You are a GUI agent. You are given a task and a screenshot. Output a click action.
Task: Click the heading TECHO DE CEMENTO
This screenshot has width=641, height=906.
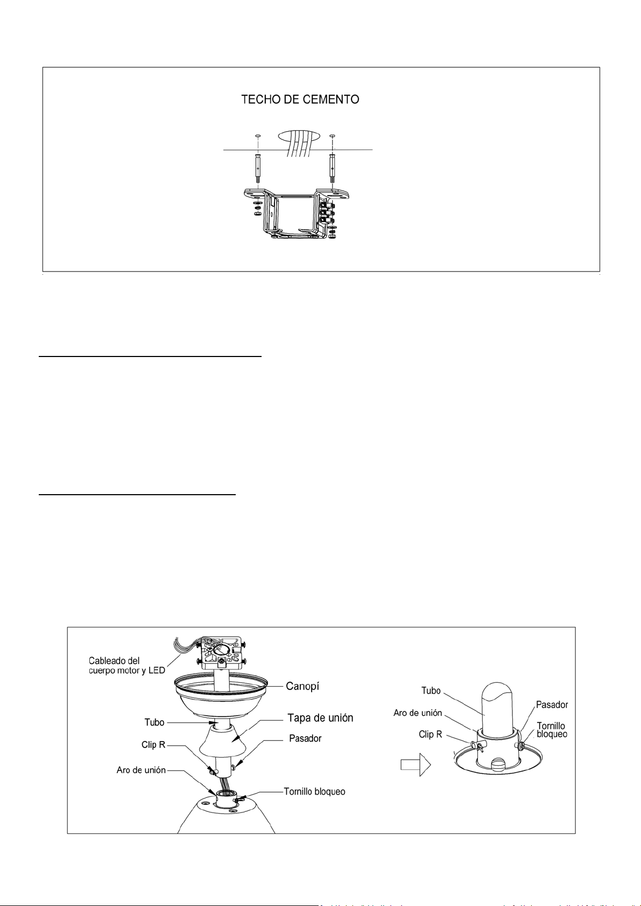pyautogui.click(x=300, y=99)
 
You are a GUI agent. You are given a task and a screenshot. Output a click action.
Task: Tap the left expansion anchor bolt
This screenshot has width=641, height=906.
pyautogui.click(x=258, y=168)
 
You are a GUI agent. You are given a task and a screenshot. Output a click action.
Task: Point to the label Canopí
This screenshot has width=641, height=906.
pyautogui.click(x=302, y=686)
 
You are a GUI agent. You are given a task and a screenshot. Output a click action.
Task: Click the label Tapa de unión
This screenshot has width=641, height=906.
pyautogui.click(x=320, y=718)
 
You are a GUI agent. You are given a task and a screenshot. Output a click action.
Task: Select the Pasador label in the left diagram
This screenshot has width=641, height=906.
pyautogui.click(x=305, y=738)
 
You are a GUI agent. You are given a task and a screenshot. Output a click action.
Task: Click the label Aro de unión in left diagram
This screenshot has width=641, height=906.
pyautogui.click(x=142, y=770)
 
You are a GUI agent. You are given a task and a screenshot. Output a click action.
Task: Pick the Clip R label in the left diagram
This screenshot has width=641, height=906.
pyautogui.click(x=153, y=745)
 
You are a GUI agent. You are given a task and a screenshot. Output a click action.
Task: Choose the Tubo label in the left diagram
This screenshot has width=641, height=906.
pyautogui.click(x=154, y=722)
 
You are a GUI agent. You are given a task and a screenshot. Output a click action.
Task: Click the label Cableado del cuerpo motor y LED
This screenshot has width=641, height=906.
pyautogui.click(x=126, y=665)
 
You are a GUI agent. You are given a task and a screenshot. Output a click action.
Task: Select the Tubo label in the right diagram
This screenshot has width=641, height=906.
pyautogui.click(x=431, y=690)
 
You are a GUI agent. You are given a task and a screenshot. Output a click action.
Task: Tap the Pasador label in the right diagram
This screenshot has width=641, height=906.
pyautogui.click(x=552, y=704)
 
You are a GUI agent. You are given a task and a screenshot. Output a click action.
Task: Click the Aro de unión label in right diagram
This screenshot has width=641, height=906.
pyautogui.click(x=418, y=712)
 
